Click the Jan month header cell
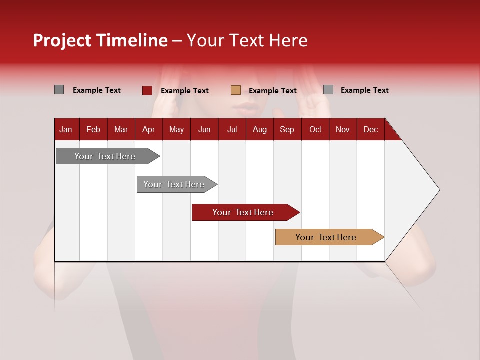click(x=66, y=129)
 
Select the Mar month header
click(x=121, y=129)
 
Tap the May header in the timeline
click(x=176, y=129)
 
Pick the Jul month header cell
click(x=232, y=129)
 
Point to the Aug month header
click(x=259, y=129)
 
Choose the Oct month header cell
click(x=315, y=129)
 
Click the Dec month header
click(x=370, y=129)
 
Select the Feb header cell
click(x=93, y=129)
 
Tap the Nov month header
click(x=342, y=129)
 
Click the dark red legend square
click(x=147, y=90)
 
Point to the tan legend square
click(x=236, y=90)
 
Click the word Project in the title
click(x=62, y=40)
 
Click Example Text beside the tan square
click(x=272, y=91)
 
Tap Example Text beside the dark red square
click(x=184, y=91)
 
